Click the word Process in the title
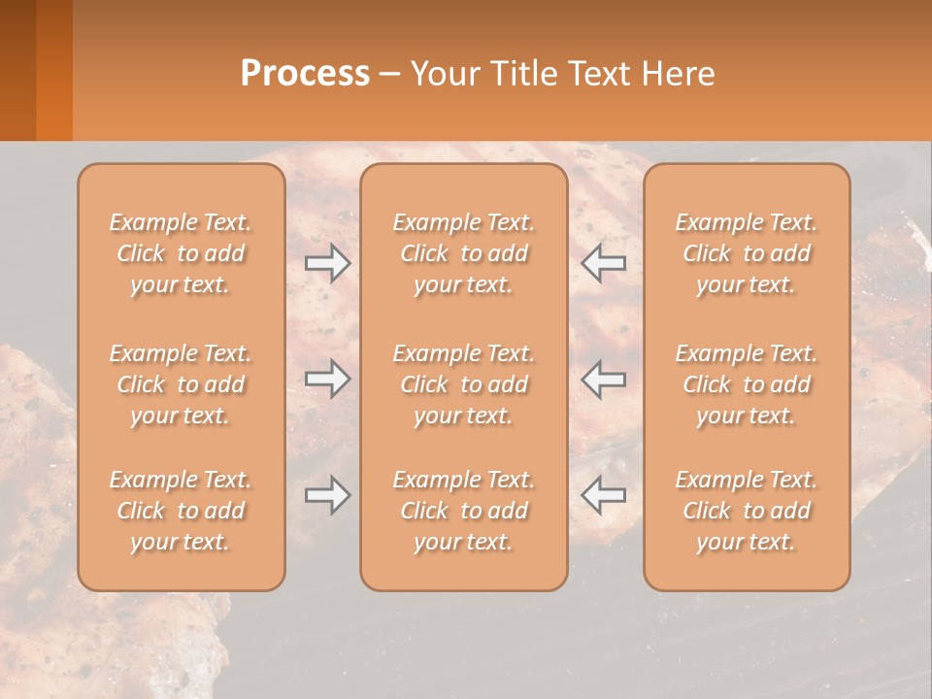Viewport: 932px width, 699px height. click(x=305, y=74)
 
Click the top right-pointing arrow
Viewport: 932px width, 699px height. click(x=327, y=262)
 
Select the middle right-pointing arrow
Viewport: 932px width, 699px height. click(x=327, y=379)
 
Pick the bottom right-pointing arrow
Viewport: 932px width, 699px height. click(x=327, y=496)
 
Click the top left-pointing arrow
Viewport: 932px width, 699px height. click(x=603, y=262)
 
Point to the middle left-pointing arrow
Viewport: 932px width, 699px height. click(x=603, y=379)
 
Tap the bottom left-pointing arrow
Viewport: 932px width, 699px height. click(x=603, y=496)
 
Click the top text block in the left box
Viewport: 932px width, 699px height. click(x=181, y=253)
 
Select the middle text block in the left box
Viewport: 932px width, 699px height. click(x=181, y=384)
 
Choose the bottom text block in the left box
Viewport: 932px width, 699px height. click(x=181, y=511)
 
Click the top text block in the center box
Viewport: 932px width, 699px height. click(x=464, y=253)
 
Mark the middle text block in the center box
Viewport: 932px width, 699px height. click(x=464, y=384)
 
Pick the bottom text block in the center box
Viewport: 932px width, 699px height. click(x=464, y=511)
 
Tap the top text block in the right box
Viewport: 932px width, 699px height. click(x=747, y=253)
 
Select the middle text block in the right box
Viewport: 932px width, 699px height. click(x=747, y=384)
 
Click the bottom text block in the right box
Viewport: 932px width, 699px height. click(x=747, y=511)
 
